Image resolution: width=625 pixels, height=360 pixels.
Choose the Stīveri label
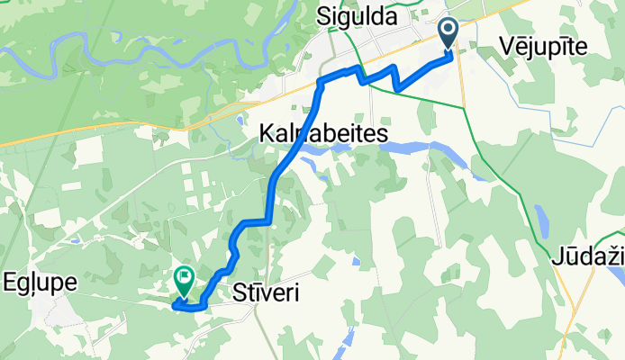point(266,293)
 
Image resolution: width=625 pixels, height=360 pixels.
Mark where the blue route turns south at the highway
point(321,83)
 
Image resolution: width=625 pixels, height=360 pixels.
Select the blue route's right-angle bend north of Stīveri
point(267,220)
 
